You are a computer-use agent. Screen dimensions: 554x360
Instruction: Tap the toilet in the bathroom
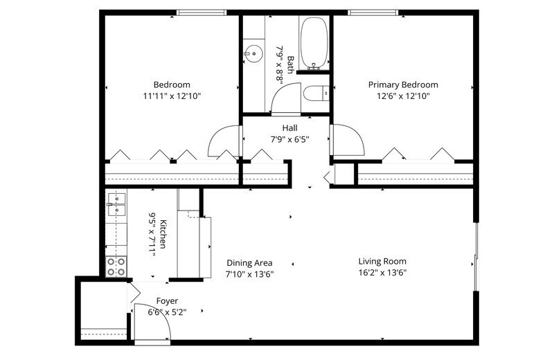pos(316,93)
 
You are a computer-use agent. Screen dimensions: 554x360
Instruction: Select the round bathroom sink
pos(253,54)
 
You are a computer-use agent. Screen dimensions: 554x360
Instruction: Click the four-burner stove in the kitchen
pos(116,267)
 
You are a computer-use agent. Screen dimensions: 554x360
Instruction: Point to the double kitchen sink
pos(116,204)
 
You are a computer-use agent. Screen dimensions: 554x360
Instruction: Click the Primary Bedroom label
pos(403,84)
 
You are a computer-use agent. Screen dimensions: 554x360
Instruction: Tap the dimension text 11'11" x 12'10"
pos(172,96)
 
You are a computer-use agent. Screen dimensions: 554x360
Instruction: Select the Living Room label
pos(382,262)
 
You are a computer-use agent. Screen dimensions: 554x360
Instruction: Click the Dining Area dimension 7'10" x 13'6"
pos(249,274)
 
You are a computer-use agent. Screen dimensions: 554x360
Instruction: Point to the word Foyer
pos(167,301)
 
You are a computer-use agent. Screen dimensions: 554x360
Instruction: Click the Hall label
pos(289,128)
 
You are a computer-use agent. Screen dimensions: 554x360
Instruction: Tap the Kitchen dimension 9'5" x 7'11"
pos(152,234)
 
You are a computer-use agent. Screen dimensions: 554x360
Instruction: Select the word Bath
pos(290,64)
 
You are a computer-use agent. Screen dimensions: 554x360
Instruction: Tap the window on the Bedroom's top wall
pos(202,12)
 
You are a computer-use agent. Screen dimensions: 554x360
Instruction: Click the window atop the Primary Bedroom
pos(373,12)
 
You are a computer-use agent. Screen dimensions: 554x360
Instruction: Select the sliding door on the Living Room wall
pos(476,256)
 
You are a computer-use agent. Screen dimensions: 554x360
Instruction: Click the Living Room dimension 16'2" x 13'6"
pos(382,273)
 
